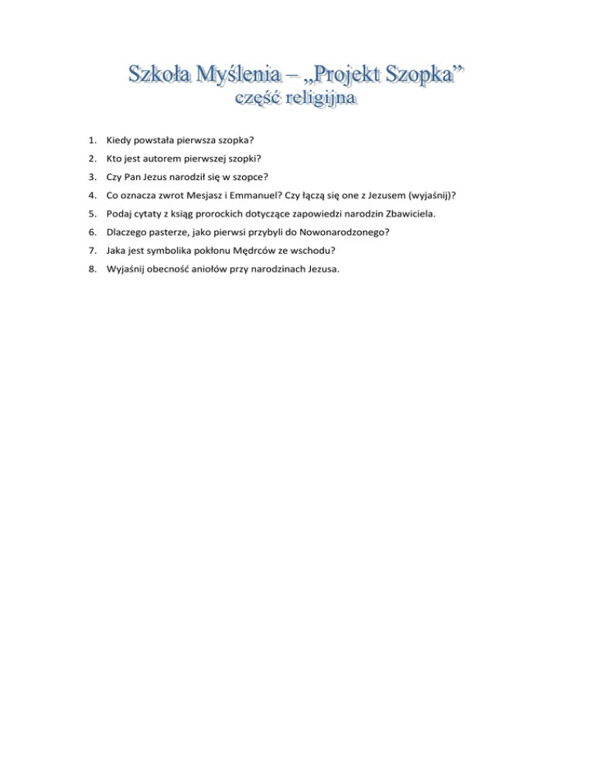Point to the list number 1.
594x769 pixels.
coord(91,141)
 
